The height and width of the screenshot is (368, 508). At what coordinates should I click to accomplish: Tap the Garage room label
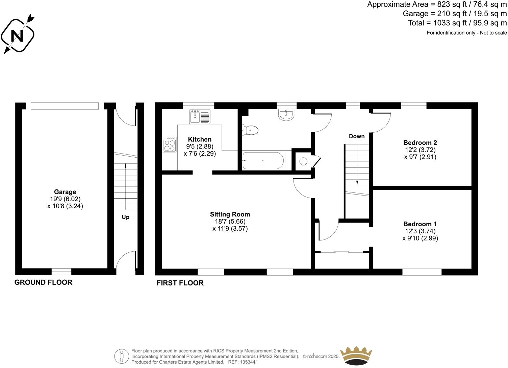[x=65, y=192]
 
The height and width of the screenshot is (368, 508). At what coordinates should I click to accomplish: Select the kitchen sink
[x=200, y=117]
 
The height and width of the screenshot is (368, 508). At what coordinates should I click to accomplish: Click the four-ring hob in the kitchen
[x=170, y=145]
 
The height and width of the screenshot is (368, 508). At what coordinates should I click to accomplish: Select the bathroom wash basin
[x=286, y=115]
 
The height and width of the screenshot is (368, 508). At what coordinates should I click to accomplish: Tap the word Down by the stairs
[x=357, y=136]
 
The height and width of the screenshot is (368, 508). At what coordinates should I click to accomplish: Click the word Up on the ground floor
[x=125, y=217]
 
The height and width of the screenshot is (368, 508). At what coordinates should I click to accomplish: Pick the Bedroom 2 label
[x=420, y=142]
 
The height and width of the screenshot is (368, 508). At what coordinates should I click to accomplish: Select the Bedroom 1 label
[x=420, y=224]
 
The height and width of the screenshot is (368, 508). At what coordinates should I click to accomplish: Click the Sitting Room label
[x=230, y=214]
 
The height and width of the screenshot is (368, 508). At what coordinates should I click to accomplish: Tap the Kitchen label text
[x=200, y=139]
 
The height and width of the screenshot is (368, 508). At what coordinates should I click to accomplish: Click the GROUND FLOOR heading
[x=43, y=282]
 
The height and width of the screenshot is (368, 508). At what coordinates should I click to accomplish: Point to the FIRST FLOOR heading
[x=180, y=283]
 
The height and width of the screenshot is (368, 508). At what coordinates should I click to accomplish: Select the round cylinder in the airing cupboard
[x=303, y=162]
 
